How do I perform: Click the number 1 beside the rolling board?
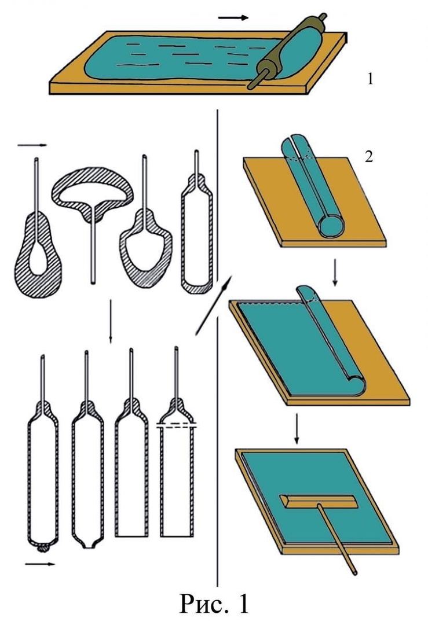371,79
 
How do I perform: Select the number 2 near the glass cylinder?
368,157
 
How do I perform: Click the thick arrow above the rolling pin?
233,17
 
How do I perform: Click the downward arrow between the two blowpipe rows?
111,321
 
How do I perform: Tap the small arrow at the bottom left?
40,564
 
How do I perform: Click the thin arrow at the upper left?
32,145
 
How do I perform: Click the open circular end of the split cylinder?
332,225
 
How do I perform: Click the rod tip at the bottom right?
354,572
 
